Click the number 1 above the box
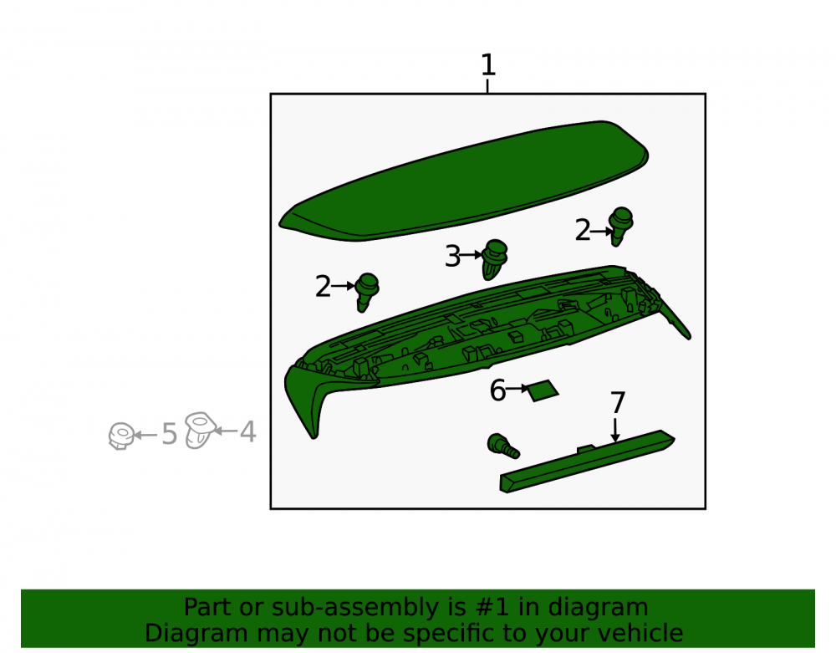coord(488,65)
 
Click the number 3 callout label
coord(452,257)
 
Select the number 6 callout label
coord(497,390)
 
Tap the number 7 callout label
coord(618,403)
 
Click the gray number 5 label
coord(169,434)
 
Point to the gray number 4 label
coord(248,431)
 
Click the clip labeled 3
coord(495,259)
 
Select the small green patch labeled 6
coord(543,390)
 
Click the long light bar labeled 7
coord(587,462)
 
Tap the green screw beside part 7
coord(502,446)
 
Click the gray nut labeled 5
coord(121,436)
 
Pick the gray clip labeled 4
coord(200,430)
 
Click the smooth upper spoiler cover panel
coord(464,181)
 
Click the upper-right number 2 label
coord(583,231)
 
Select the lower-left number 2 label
coord(323,287)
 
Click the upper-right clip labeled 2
coord(620,226)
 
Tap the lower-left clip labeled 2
coord(367,292)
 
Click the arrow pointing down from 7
coord(616,431)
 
